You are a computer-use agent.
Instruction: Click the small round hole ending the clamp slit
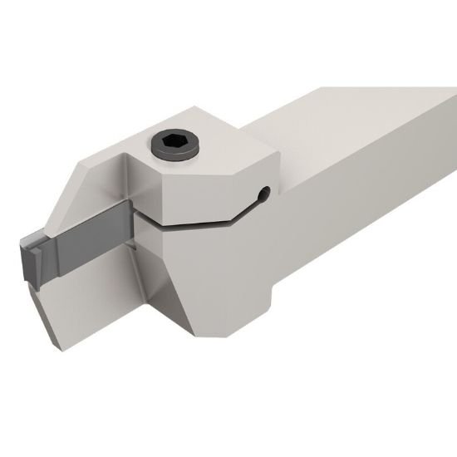point(263,196)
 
